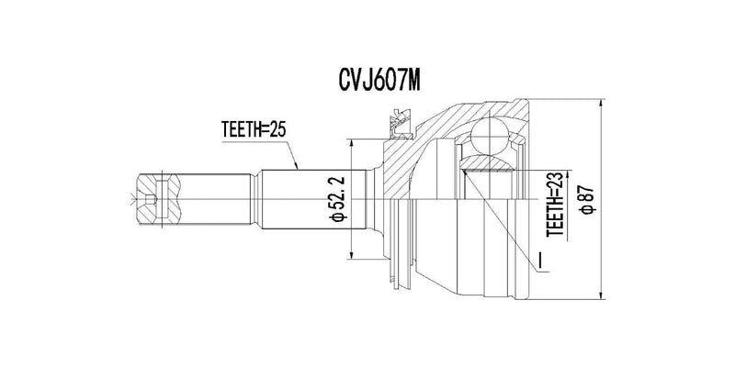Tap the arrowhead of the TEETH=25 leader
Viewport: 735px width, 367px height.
tap(300, 168)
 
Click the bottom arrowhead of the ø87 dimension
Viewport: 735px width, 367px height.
tap(601, 296)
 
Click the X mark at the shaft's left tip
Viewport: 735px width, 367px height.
tap(132, 196)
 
